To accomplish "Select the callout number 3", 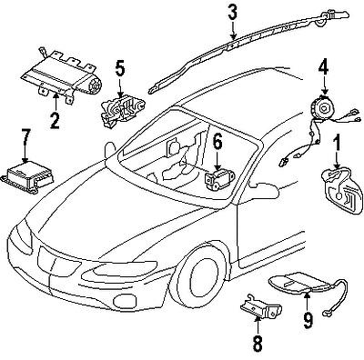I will point(233,12).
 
